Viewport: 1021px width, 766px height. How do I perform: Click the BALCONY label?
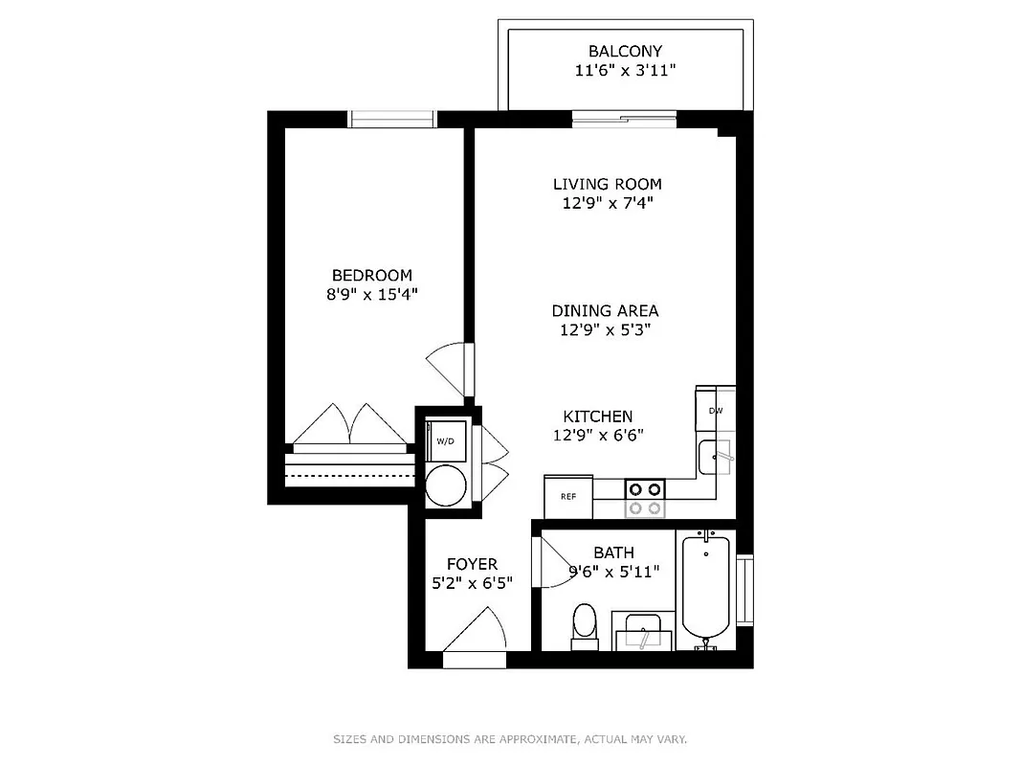(625, 51)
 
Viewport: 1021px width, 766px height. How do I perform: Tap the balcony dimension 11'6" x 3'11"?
(625, 71)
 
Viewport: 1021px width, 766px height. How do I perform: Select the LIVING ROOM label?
(607, 184)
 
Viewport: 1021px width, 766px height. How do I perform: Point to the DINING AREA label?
(605, 310)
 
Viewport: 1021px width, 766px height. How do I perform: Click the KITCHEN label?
(597, 417)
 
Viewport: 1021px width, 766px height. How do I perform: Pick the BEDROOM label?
(372, 275)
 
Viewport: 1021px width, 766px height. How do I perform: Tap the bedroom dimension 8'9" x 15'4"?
(372, 295)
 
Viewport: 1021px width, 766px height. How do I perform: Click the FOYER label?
(473, 564)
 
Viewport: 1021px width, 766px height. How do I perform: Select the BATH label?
(613, 552)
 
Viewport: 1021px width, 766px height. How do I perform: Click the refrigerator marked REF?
(567, 496)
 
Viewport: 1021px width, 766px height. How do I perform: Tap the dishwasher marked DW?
(715, 410)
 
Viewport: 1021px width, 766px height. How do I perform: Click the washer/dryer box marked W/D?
(445, 441)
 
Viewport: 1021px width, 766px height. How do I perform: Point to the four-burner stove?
(644, 497)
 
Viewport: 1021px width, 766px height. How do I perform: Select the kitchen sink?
(716, 457)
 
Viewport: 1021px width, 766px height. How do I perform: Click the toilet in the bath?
(584, 623)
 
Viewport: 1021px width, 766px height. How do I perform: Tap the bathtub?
(706, 592)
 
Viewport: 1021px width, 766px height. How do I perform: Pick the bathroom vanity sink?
(643, 633)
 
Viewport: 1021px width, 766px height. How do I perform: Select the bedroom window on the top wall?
(391, 120)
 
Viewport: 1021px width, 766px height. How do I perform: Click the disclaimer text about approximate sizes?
(510, 739)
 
